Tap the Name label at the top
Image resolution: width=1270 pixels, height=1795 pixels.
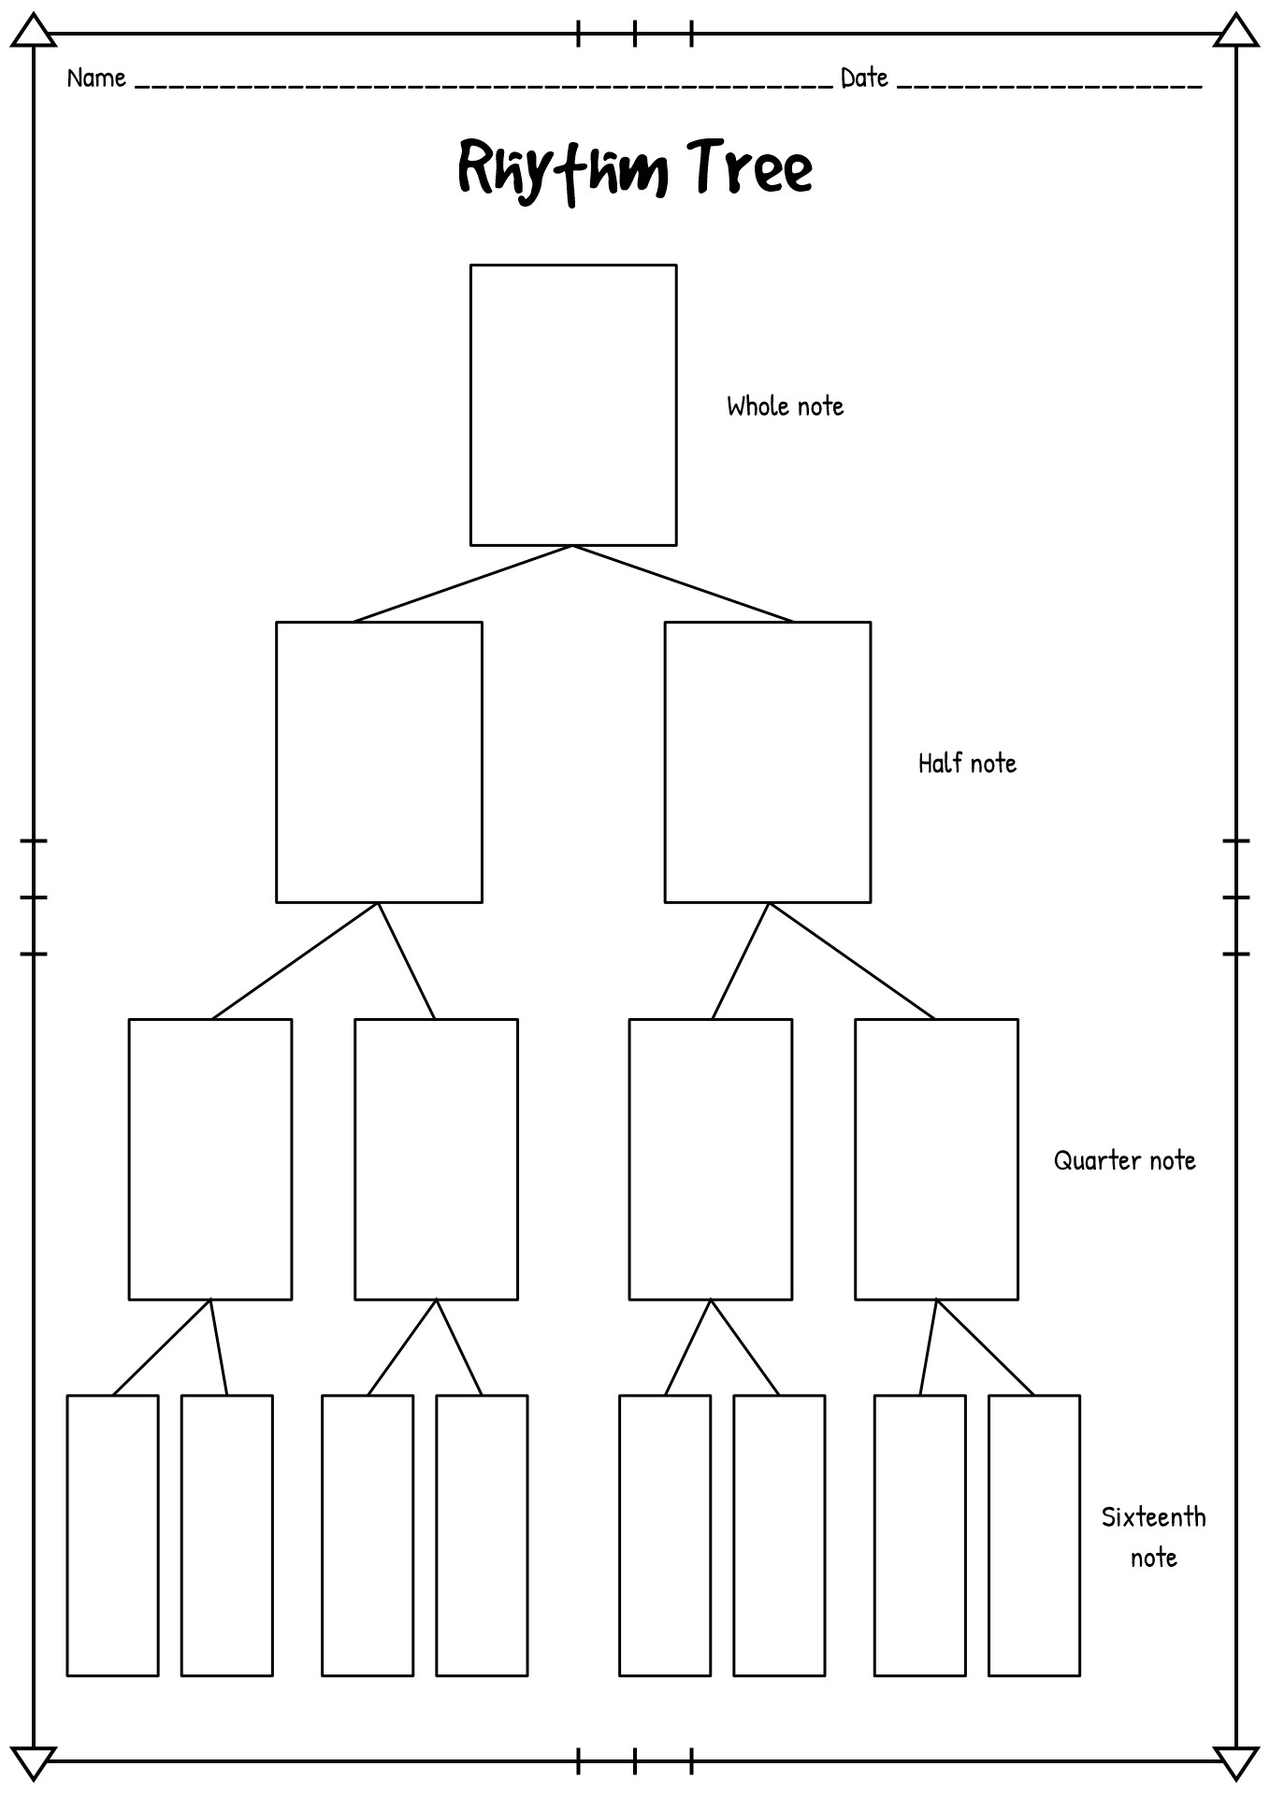click(x=96, y=78)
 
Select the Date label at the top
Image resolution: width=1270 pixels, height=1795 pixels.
click(x=864, y=78)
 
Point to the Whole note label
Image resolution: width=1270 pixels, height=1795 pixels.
click(x=786, y=406)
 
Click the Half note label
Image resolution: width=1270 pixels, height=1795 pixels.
click(x=967, y=763)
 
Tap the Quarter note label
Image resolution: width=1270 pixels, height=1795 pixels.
click(x=1125, y=1160)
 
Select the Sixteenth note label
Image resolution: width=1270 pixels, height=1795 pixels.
click(x=1154, y=1537)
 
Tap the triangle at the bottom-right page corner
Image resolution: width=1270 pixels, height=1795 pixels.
click(x=1236, y=1762)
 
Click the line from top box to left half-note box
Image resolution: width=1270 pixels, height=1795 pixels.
click(x=463, y=583)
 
